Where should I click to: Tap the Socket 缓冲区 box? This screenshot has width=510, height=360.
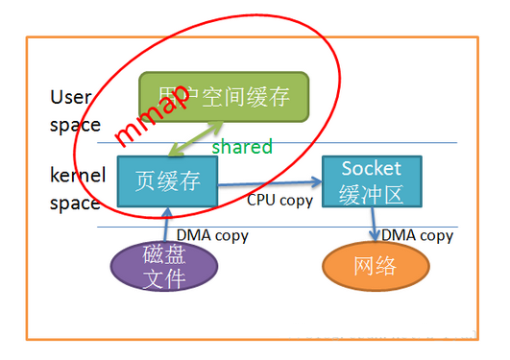pyautogui.click(x=371, y=181)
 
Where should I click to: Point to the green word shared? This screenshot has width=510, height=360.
pyautogui.click(x=242, y=147)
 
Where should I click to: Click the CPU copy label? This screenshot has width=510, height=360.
pyautogui.click(x=280, y=200)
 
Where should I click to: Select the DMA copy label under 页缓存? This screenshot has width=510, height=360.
pyautogui.click(x=212, y=233)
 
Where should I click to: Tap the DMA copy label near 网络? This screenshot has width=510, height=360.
pyautogui.click(x=417, y=235)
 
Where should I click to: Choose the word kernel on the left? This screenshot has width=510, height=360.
pyautogui.click(x=76, y=176)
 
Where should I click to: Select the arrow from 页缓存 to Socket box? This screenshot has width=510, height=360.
pyautogui.click(x=269, y=183)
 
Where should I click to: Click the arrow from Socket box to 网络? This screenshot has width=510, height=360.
pyautogui.click(x=374, y=225)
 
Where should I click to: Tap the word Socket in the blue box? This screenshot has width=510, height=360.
pyautogui.click(x=371, y=169)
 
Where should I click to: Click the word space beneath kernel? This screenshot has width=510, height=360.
pyautogui.click(x=75, y=203)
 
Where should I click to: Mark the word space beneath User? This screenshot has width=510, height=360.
pyautogui.click(x=75, y=124)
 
